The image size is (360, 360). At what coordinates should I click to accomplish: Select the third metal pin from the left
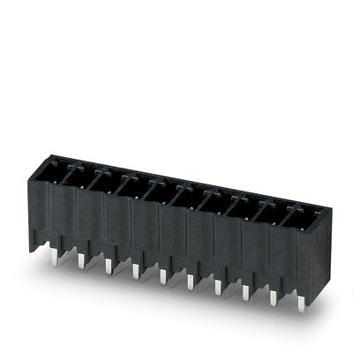point(108,265)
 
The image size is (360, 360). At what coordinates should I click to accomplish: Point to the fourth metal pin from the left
point(135,270)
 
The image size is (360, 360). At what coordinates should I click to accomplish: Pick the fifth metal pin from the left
point(162,276)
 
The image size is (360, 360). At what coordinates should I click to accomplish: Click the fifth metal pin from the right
point(190,281)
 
